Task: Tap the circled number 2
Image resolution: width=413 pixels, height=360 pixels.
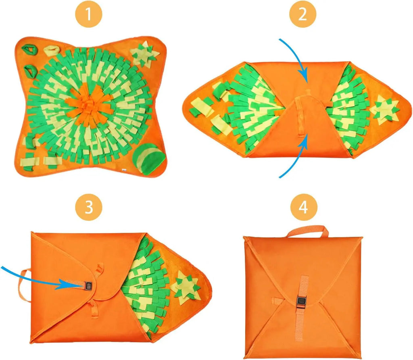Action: tap(303, 15)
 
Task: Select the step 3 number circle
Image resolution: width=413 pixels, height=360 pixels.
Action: tap(89, 208)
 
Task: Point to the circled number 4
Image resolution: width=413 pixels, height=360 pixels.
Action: tap(303, 208)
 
